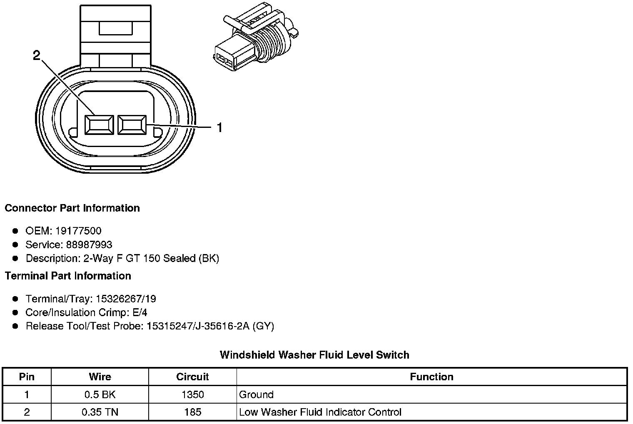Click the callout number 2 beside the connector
pos(37,55)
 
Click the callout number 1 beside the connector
pos(219,128)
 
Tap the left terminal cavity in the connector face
pos(99,125)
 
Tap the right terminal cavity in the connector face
pos(132,125)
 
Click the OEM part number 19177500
pos(78,231)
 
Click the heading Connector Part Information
pos(72,208)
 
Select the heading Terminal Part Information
pos(68,276)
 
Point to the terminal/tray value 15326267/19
pos(126,299)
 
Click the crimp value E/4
pos(139,312)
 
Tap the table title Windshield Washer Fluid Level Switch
pos(314,355)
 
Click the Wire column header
pos(100,377)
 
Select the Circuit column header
pos(192,377)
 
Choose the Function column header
pos(431,377)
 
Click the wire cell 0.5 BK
pos(100,394)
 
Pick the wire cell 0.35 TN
pos(100,412)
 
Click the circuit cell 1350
pos(192,394)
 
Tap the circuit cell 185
pos(192,412)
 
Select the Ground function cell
pos(257,394)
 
